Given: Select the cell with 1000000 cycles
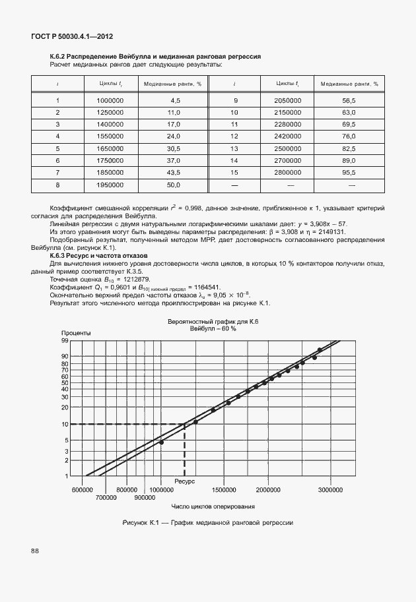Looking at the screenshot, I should pos(110,100).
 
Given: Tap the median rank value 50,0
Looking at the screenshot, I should pos(174,185).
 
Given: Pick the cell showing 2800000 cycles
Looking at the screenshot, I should pos(288,172).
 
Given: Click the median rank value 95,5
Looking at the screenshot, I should pos(349,172).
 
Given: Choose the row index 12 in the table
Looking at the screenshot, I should pos(234,136).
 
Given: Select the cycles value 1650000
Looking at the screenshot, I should pos(110,148).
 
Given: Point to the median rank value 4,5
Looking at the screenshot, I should pos(175,100).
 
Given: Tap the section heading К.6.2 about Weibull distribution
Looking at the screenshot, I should pos(156,57).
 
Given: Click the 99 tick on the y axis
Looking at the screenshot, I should pos(65,341).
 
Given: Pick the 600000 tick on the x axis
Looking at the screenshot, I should pos(82,491).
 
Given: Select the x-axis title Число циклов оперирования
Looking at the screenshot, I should pos(213,506).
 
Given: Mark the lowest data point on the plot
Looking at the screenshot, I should pos(161,442).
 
